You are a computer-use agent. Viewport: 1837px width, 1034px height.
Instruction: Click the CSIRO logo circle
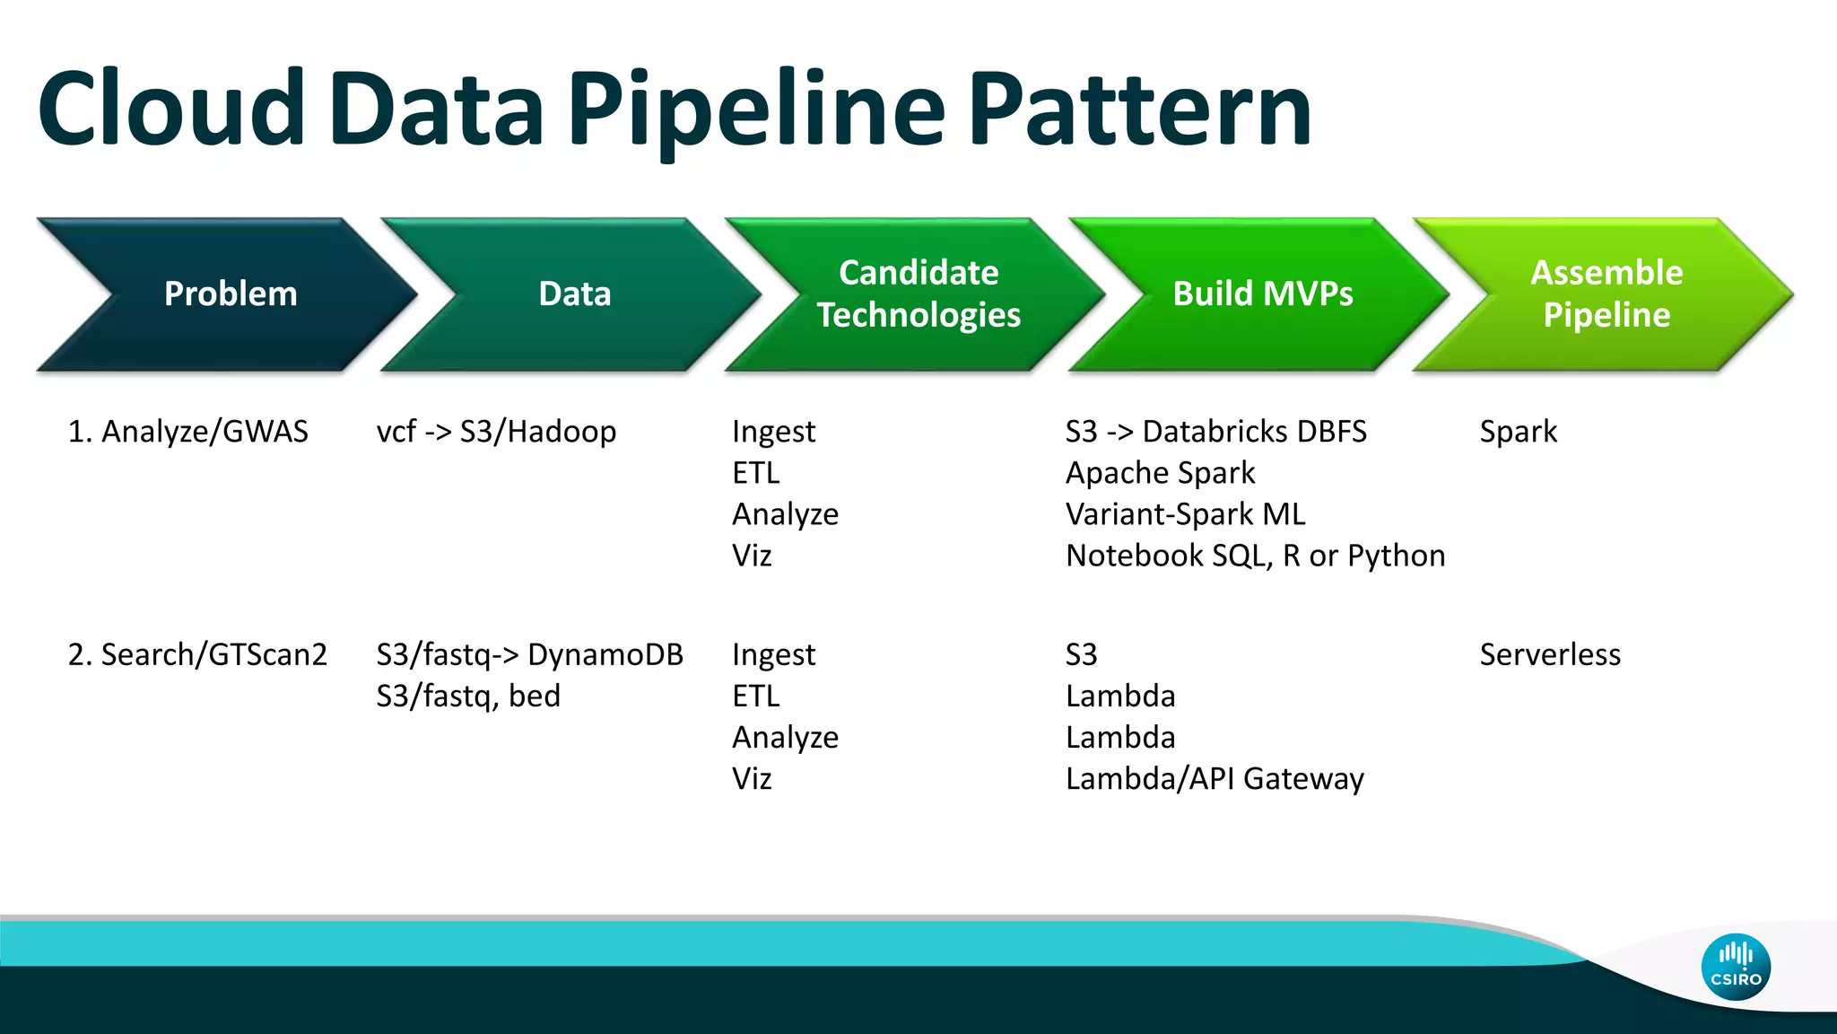[1735, 967]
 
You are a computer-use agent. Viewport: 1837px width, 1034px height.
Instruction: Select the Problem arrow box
[231, 294]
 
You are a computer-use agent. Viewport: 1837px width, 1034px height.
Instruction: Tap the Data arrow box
[574, 294]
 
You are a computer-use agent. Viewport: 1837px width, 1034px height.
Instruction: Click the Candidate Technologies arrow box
[918, 294]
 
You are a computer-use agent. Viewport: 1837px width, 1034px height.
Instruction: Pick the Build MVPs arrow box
[1262, 294]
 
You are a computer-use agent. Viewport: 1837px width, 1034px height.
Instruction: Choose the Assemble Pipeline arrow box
[1606, 294]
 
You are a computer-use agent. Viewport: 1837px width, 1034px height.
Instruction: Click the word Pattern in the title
[1140, 110]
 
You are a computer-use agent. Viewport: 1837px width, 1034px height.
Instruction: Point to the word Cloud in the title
[171, 110]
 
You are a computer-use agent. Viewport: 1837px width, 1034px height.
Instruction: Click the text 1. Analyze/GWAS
[187, 432]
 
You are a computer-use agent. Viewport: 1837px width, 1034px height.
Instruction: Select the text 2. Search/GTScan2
[197, 654]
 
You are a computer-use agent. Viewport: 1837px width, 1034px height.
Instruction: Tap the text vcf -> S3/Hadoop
[496, 432]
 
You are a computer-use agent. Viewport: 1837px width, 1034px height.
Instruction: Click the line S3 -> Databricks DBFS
[1215, 432]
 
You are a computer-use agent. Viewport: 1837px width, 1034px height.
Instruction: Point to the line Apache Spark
[1160, 473]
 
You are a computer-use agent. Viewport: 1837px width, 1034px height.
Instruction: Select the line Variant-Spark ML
[1185, 514]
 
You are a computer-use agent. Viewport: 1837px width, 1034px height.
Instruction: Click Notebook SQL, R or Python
[1255, 556]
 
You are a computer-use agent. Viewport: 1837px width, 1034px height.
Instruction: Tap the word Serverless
[1550, 654]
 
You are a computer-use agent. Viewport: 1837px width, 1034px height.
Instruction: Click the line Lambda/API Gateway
[1215, 778]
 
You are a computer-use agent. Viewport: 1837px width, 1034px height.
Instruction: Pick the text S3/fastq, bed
[468, 696]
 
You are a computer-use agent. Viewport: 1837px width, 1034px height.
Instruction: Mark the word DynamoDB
[605, 654]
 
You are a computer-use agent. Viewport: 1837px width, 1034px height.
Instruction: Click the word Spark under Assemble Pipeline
[1518, 432]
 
